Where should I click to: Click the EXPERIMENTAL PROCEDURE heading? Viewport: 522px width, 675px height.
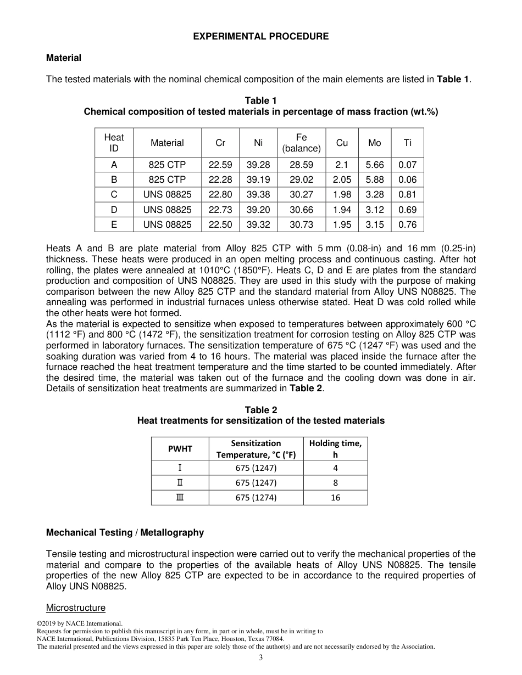pyautogui.click(x=260, y=36)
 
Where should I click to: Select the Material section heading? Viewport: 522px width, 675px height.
pyautogui.click(x=64, y=58)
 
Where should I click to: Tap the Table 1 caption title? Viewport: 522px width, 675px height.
pyautogui.click(x=260, y=100)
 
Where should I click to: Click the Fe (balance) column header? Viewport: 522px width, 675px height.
pyautogui.click(x=301, y=143)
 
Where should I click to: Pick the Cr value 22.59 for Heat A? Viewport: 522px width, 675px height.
pyautogui.click(x=220, y=165)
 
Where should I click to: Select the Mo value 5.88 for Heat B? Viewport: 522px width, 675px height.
pyautogui.click(x=375, y=179)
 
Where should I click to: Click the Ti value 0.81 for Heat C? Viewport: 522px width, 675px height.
pyautogui.click(x=407, y=194)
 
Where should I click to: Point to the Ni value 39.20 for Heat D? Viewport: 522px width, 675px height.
pyautogui.click(x=258, y=210)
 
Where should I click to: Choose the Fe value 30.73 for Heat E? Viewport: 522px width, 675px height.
pyautogui.click(x=301, y=224)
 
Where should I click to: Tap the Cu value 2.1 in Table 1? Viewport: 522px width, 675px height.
pyautogui.click(x=342, y=165)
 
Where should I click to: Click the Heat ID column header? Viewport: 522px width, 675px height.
pyautogui.click(x=114, y=143)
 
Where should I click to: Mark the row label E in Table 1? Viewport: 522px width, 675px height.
pyautogui.click(x=114, y=224)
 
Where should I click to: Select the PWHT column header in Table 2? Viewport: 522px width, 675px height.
pyautogui.click(x=180, y=449)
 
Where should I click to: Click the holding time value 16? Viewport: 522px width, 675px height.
pyautogui.click(x=335, y=498)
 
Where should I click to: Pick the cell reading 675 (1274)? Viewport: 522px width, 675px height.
pyautogui.click(x=256, y=498)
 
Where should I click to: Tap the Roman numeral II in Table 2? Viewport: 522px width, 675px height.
pyautogui.click(x=180, y=483)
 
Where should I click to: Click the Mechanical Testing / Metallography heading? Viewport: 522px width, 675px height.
pyautogui.click(x=125, y=532)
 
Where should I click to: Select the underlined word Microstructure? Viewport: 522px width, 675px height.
pyautogui.click(x=76, y=607)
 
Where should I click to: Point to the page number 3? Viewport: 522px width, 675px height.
pyautogui.click(x=261, y=658)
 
